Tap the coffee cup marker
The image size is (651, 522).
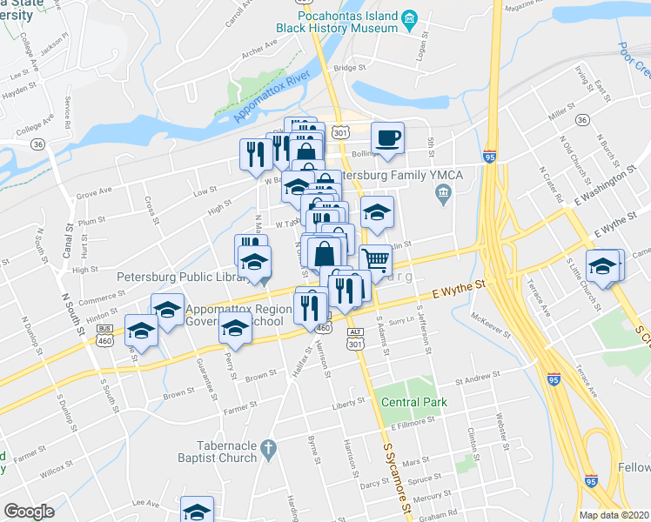click(387, 137)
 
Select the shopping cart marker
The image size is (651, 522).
click(374, 258)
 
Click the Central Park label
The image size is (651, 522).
click(413, 402)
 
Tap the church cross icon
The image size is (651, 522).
click(269, 451)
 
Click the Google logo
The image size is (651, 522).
click(29, 511)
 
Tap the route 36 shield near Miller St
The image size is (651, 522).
click(582, 119)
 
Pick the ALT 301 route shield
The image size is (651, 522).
click(353, 338)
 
